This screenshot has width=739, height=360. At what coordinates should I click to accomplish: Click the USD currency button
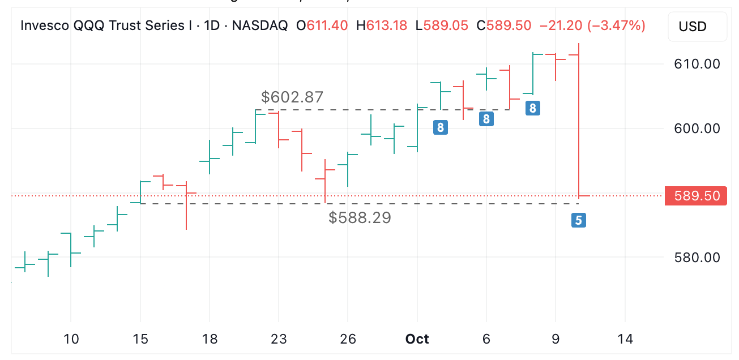697,27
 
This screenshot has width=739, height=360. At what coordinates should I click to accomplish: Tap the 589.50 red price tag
696,196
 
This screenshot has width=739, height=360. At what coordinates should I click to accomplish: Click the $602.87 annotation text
292,97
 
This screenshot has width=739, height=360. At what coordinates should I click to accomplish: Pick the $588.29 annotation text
360,217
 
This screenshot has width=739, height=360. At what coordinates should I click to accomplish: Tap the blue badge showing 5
578,220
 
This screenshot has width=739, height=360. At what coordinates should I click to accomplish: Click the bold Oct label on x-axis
417,339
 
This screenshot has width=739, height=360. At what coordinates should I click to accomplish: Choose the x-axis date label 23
279,339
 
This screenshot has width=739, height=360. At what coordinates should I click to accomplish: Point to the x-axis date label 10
71,339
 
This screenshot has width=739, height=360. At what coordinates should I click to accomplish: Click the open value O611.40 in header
322,25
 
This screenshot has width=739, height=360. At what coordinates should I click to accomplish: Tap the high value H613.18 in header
381,25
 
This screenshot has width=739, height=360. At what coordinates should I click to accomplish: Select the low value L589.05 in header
441,25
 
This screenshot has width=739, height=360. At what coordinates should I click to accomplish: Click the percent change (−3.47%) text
617,25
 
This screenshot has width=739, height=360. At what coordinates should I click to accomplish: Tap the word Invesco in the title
45,25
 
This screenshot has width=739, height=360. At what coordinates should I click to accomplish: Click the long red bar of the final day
579,125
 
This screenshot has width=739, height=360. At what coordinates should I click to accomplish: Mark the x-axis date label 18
210,339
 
